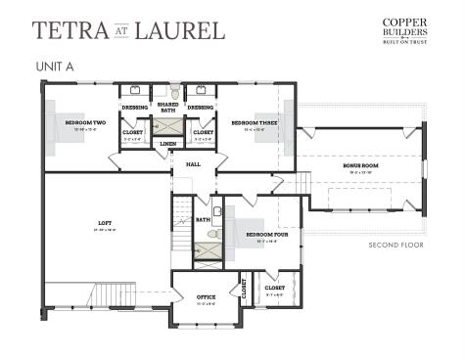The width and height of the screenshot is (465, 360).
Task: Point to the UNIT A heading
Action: coord(56,67)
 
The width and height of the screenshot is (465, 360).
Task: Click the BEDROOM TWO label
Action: coord(84,123)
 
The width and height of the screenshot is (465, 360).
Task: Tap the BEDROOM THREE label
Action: coord(251,123)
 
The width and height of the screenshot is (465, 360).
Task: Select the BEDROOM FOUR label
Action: coord(264,235)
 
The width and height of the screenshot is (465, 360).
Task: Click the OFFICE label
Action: coord(206,296)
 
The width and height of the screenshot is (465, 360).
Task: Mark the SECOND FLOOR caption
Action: coord(395,245)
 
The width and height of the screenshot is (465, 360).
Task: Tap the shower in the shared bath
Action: coord(167,128)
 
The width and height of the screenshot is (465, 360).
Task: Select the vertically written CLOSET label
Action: coord(244,289)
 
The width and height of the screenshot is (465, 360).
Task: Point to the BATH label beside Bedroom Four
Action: coord(203,220)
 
